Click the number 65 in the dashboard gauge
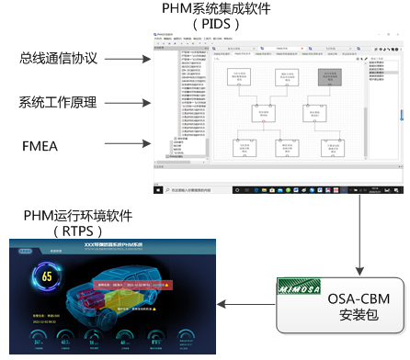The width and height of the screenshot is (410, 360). click(x=48, y=275)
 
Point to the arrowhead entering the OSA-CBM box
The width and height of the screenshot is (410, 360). click(x=359, y=269)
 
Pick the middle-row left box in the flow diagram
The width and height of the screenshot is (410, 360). click(x=263, y=113)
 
